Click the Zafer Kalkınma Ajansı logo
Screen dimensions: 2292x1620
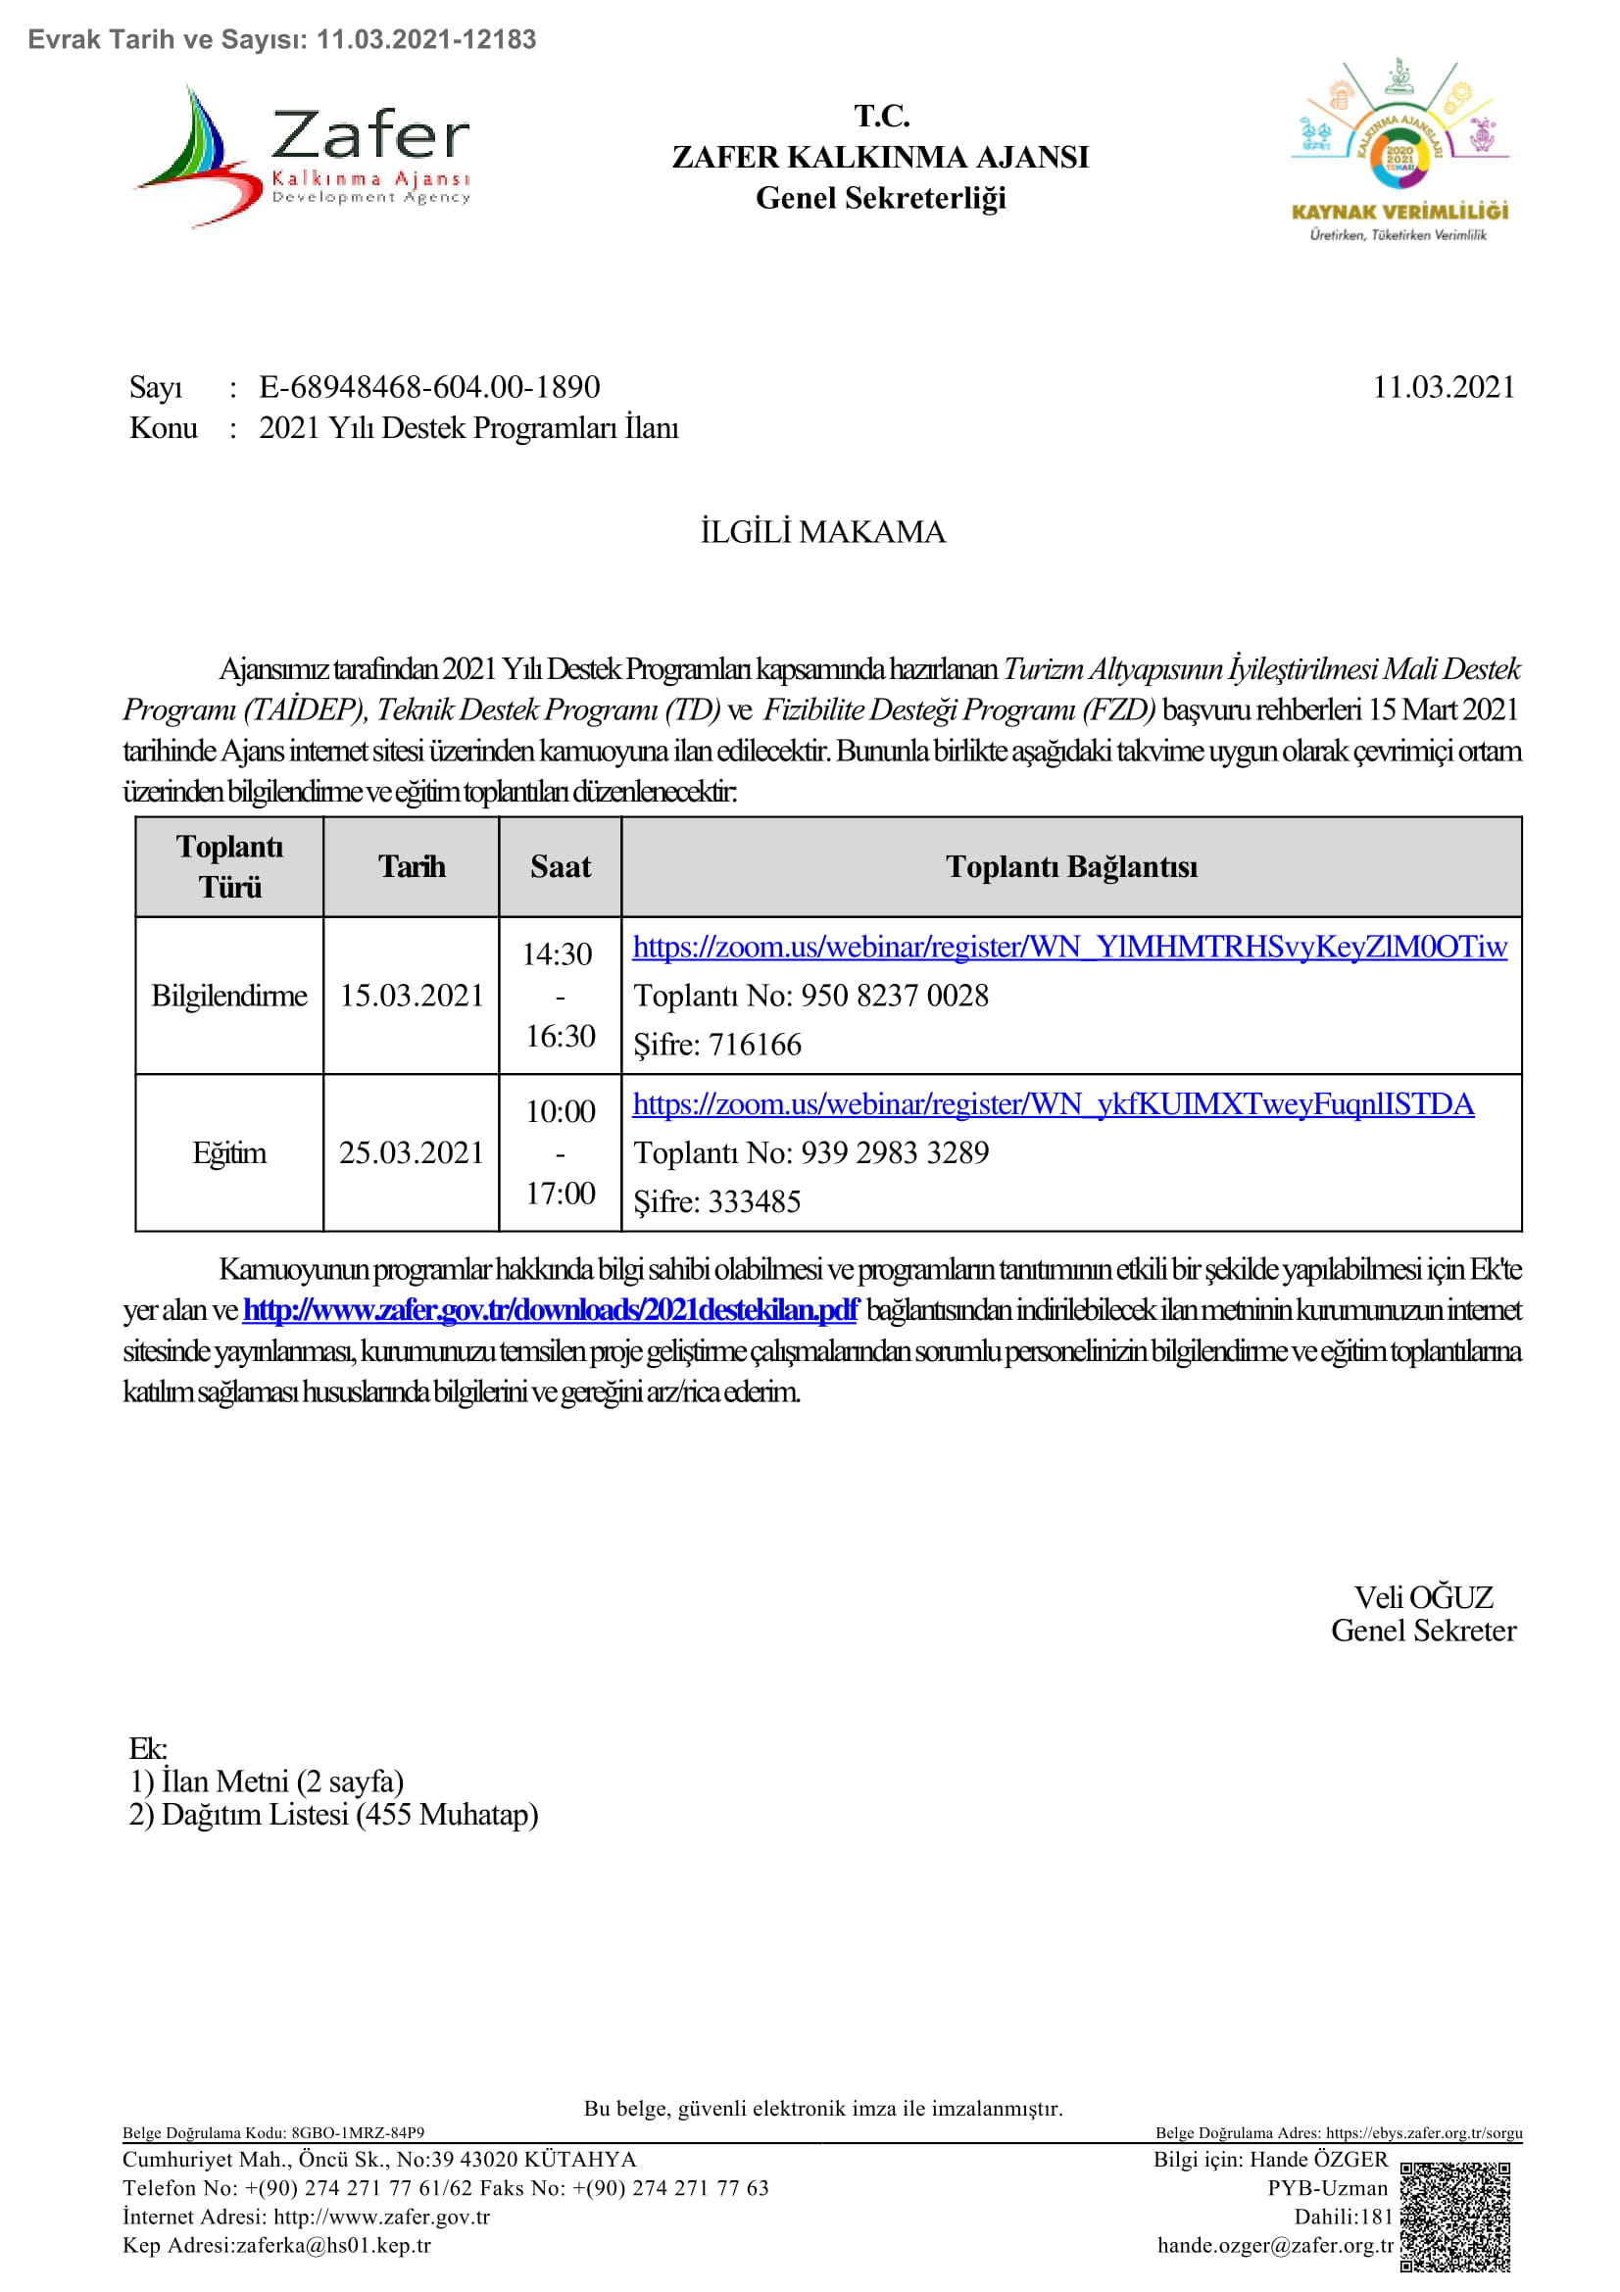point(303,156)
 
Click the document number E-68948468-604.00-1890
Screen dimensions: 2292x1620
point(429,387)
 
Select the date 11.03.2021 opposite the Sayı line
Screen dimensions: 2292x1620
point(1444,387)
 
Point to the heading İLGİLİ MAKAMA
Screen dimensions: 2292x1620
point(822,532)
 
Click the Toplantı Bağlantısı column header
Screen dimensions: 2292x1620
point(1071,866)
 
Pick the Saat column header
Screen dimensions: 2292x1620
point(560,866)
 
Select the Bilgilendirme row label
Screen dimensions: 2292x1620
point(228,996)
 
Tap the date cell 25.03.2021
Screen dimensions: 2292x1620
point(412,1153)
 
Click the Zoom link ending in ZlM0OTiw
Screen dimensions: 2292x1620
point(1069,947)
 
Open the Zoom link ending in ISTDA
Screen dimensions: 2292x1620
point(1054,1104)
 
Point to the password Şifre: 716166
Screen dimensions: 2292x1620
point(717,1045)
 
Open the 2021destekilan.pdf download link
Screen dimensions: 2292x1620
point(550,1310)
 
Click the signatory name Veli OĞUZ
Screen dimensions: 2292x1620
point(1423,1597)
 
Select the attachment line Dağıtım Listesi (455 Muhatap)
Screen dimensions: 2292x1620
point(333,1814)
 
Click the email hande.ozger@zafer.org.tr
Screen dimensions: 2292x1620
point(1275,2245)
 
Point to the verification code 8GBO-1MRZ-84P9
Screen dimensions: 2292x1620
point(358,2133)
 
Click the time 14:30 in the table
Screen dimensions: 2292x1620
point(557,954)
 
